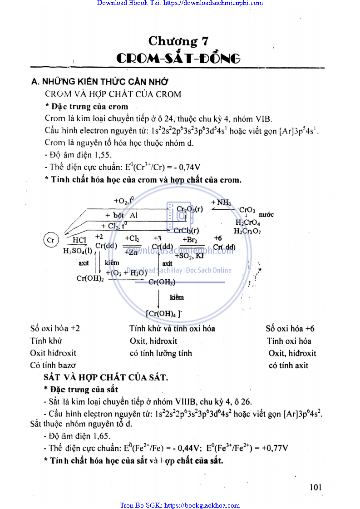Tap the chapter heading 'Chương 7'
tap(179, 41)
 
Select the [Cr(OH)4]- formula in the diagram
tap(163, 313)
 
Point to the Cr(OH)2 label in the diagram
tap(90, 278)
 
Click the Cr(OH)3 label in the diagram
tap(162, 282)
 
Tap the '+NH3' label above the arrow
tap(221, 202)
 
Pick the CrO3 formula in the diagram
tap(247, 210)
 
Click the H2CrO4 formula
tap(247, 222)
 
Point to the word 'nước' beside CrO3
tap(266, 214)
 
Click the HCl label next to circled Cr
tap(79, 239)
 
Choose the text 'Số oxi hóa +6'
tap(290, 328)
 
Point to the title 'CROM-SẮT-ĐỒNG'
tap(178, 59)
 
